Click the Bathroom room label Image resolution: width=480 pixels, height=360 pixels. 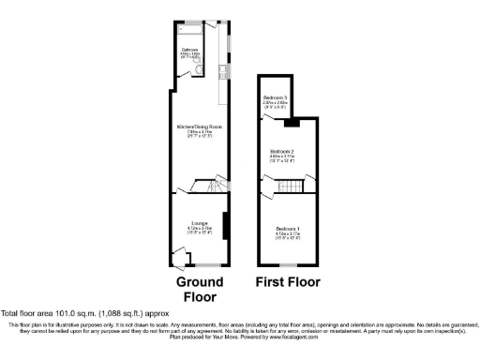188,50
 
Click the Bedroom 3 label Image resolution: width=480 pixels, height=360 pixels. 275,98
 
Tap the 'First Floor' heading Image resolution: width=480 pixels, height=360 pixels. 288,281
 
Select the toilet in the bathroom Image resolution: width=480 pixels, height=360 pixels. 187,67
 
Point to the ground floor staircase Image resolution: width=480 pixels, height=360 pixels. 203,187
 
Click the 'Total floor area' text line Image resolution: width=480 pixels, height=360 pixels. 84,313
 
